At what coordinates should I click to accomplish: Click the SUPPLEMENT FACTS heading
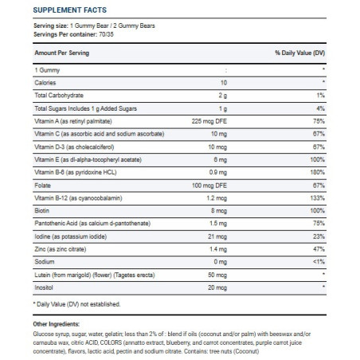click(70, 10)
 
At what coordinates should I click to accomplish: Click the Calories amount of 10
click(224, 83)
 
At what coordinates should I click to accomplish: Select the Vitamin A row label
click(73, 121)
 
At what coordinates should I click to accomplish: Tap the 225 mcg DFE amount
click(209, 121)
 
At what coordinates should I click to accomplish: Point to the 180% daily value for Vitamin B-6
click(317, 172)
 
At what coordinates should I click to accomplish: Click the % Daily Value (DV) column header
click(299, 53)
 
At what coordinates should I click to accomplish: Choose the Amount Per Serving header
click(62, 53)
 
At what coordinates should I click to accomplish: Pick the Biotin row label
click(41, 210)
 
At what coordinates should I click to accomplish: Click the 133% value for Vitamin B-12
click(317, 198)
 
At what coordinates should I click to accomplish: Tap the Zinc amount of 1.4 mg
click(218, 249)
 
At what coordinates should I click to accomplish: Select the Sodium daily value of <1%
click(319, 261)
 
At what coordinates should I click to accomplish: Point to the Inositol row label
click(44, 288)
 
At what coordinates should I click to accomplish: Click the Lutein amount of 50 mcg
click(217, 275)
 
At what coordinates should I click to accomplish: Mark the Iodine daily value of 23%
click(319, 237)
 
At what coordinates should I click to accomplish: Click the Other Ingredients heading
click(57, 324)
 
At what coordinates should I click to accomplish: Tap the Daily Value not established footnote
click(76, 304)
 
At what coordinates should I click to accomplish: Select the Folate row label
click(42, 186)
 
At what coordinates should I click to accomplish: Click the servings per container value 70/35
click(106, 34)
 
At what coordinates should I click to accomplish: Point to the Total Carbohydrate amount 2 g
click(223, 96)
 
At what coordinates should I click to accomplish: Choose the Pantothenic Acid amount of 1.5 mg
click(218, 223)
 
